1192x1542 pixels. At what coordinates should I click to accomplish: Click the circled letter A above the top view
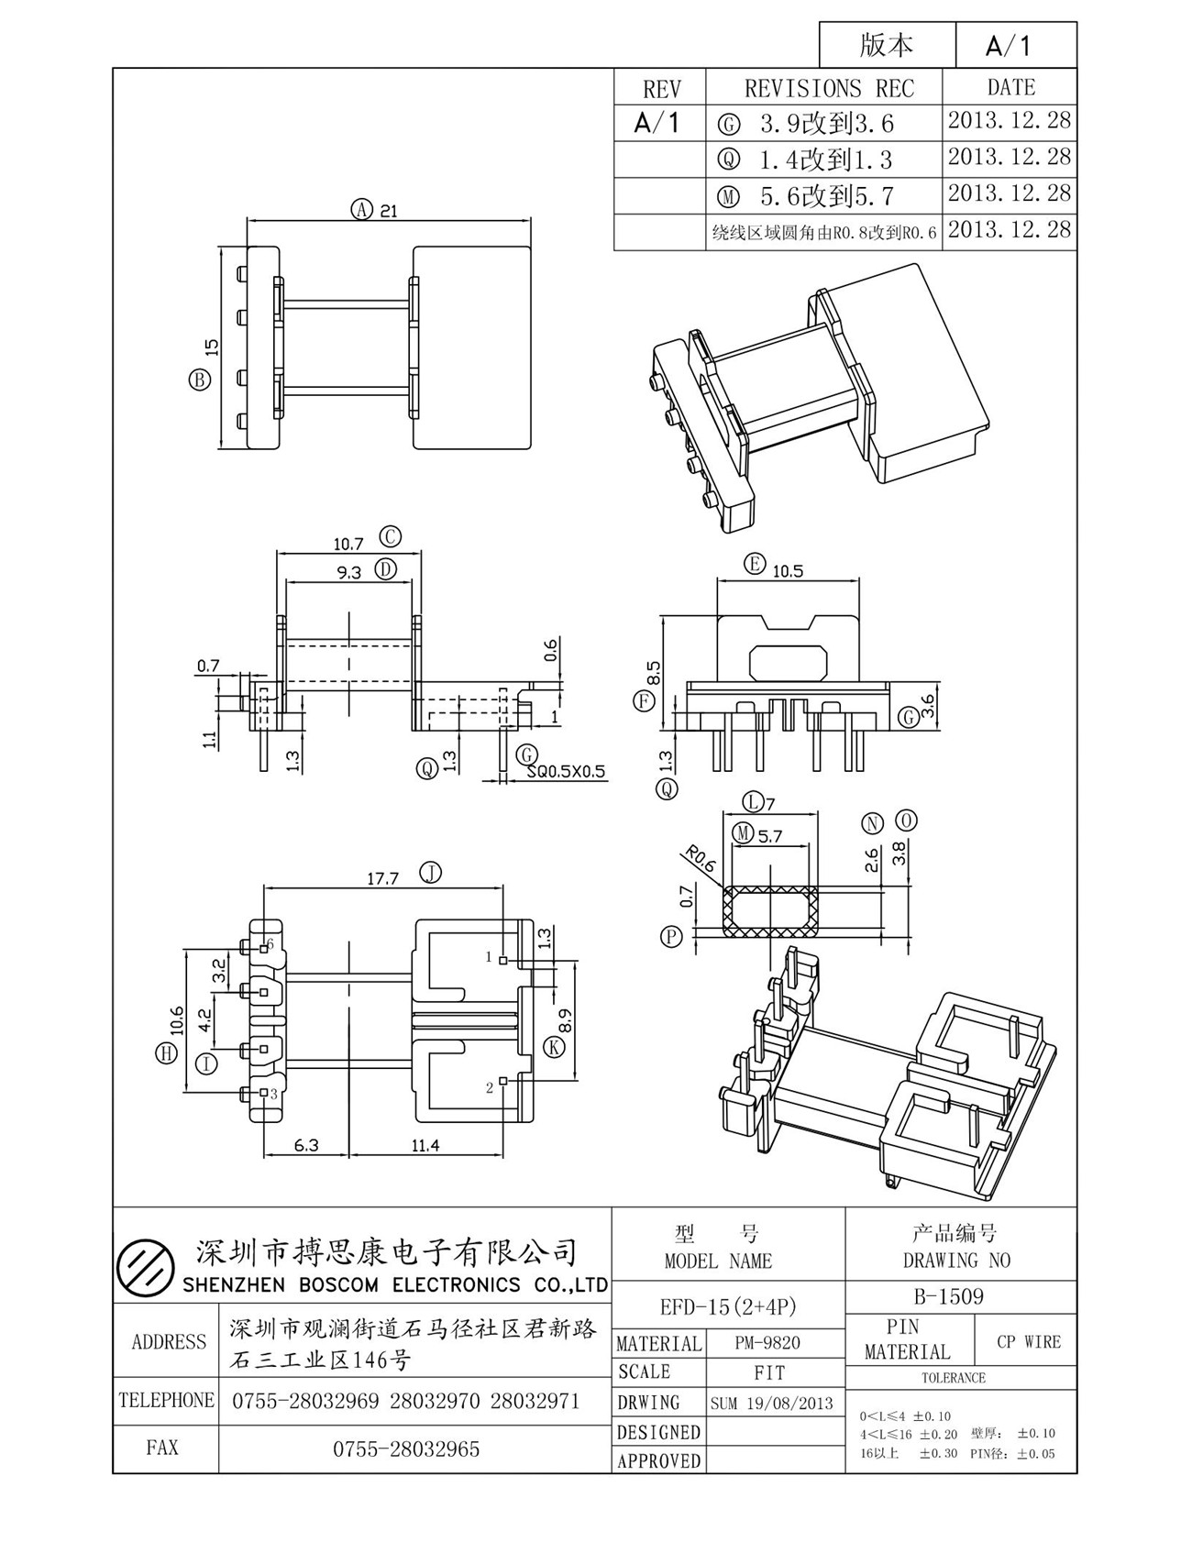coord(361,209)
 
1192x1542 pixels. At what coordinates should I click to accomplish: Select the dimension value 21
coord(389,211)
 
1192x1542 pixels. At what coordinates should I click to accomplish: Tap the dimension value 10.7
coord(348,544)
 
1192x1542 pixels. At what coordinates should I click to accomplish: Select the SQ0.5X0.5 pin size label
coord(566,772)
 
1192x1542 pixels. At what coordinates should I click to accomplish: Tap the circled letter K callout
coord(553,1047)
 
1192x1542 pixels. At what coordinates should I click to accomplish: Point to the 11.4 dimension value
coord(425,1145)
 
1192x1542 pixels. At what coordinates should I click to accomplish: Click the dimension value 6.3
coord(306,1145)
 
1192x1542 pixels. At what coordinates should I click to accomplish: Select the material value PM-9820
coord(768,1343)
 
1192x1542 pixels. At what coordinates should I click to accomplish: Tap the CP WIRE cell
coord(1029,1341)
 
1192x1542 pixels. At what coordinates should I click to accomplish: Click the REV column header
coord(661,89)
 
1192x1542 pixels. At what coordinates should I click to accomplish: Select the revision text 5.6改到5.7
coord(826,196)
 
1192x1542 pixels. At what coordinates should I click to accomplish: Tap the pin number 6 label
coord(271,942)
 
